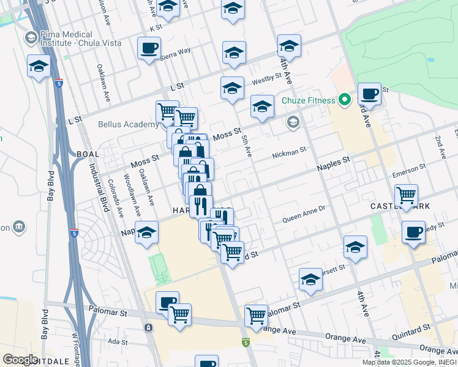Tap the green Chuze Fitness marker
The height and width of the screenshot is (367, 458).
click(x=345, y=100)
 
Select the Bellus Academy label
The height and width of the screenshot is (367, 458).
click(x=129, y=124)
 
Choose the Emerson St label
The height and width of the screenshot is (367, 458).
click(x=409, y=169)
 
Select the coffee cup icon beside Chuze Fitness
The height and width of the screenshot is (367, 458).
click(x=369, y=94)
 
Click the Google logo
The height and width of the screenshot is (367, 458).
click(x=20, y=360)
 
